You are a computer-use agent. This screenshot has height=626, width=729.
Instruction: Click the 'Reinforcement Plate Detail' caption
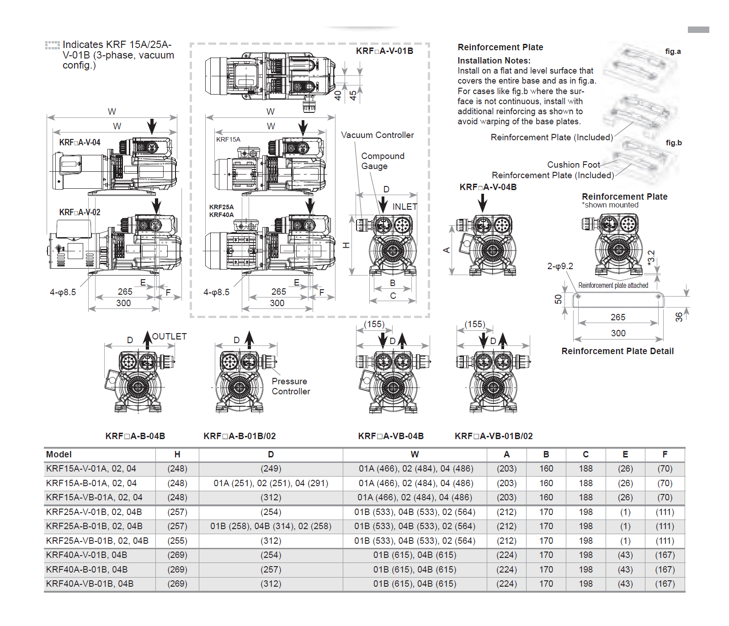click(617, 351)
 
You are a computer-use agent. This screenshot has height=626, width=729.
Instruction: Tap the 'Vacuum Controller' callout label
click(377, 135)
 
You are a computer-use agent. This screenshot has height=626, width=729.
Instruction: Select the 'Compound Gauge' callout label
click(383, 161)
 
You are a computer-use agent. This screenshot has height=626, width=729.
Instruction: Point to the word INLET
click(404, 207)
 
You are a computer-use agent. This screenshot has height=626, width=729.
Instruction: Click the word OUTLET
click(169, 337)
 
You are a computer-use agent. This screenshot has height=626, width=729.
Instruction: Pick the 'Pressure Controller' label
click(291, 386)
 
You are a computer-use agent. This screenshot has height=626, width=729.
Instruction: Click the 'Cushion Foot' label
click(573, 164)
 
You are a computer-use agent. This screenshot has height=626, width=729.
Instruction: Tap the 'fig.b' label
click(673, 143)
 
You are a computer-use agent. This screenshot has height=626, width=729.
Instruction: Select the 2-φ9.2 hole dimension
click(560, 266)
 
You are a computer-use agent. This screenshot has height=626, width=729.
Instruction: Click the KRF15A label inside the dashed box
click(228, 139)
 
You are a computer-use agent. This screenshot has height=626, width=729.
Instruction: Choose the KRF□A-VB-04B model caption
click(391, 436)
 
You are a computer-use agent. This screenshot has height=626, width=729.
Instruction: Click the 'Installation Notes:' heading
click(494, 60)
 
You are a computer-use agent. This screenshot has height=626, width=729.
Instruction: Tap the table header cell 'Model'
click(59, 454)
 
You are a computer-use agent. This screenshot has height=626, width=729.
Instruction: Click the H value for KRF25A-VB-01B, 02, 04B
click(177, 541)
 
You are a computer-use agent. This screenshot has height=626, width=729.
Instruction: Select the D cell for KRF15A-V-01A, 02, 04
click(271, 468)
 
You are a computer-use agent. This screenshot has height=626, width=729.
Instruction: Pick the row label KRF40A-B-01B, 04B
click(87, 569)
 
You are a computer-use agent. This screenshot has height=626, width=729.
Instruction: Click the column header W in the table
click(415, 454)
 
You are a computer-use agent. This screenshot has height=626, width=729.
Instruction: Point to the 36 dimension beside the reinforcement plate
click(679, 317)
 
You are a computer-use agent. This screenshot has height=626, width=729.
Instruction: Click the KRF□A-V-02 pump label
click(80, 212)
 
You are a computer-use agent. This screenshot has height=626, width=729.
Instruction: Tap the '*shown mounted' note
click(610, 205)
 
